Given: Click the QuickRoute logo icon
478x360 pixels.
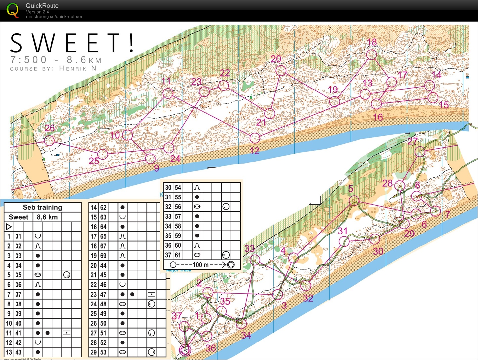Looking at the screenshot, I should pyautogui.click(x=13, y=10).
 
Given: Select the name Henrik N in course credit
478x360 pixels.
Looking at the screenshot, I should pyautogui.click(x=78, y=68).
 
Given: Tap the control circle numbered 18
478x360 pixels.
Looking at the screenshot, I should pyautogui.click(x=371, y=54).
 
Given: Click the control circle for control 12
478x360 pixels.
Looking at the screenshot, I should pyautogui.click(x=255, y=138).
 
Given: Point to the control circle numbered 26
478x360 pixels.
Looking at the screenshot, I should pyautogui.click(x=49, y=140).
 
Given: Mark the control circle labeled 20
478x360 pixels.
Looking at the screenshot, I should pyautogui.click(x=281, y=70).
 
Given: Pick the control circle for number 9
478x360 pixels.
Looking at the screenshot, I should pyautogui.click(x=150, y=159).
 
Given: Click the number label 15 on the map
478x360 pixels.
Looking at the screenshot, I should pyautogui.click(x=444, y=105).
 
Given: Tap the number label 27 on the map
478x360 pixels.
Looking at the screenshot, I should pyautogui.click(x=412, y=141).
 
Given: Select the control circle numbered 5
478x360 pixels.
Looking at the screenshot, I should pyautogui.click(x=354, y=200).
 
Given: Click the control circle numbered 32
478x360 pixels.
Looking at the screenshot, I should pyautogui.click(x=306, y=286).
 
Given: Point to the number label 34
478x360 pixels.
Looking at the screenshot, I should pyautogui.click(x=246, y=336).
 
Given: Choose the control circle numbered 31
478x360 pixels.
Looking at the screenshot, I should pyautogui.click(x=344, y=241).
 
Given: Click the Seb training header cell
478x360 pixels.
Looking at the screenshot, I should pyautogui.click(x=43, y=207).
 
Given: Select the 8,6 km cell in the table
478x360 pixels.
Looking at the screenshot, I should pyautogui.click(x=47, y=217).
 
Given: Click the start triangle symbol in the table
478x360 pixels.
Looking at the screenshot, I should pyautogui.click(x=9, y=227).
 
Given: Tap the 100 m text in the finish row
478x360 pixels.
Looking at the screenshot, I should pyautogui.click(x=201, y=265).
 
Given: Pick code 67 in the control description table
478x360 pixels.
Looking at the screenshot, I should pyautogui.click(x=103, y=246).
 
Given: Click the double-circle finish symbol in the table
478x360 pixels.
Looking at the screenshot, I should pyautogui.click(x=231, y=265).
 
